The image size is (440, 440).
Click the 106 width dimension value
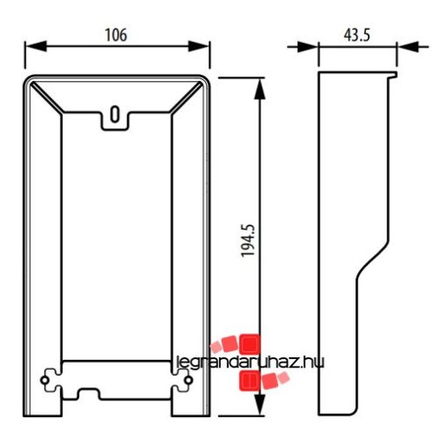[115, 35]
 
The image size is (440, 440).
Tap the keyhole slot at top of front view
[115, 114]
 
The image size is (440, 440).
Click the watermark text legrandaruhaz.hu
[245, 360]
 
